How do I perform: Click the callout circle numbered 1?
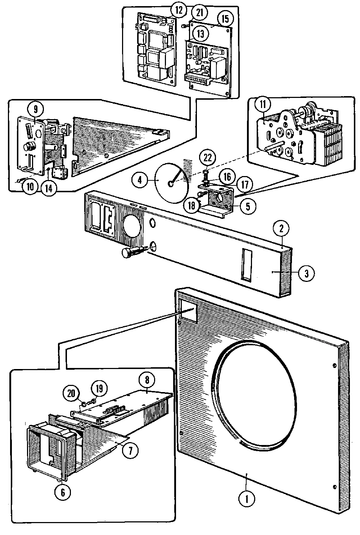click(247, 499)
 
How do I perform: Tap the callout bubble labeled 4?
click(140, 180)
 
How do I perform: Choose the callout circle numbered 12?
click(179, 10)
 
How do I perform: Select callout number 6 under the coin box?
click(63, 492)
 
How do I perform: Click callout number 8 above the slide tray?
click(148, 380)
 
